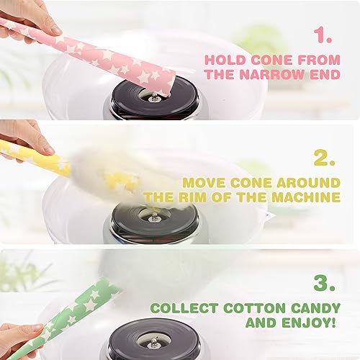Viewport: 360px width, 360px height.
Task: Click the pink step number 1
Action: coord(323,35)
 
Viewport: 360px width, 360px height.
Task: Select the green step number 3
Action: coord(324,282)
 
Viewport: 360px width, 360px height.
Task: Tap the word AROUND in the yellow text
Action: coord(308,183)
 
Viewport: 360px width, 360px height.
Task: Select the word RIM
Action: coord(194,197)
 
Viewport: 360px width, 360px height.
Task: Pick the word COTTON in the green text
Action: coord(253,308)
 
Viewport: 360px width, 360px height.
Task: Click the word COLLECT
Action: coord(184,308)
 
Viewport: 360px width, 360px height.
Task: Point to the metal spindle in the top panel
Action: coord(153,97)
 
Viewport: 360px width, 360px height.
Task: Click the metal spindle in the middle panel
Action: coord(153,217)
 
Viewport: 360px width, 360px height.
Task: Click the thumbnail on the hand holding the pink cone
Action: coord(55,30)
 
